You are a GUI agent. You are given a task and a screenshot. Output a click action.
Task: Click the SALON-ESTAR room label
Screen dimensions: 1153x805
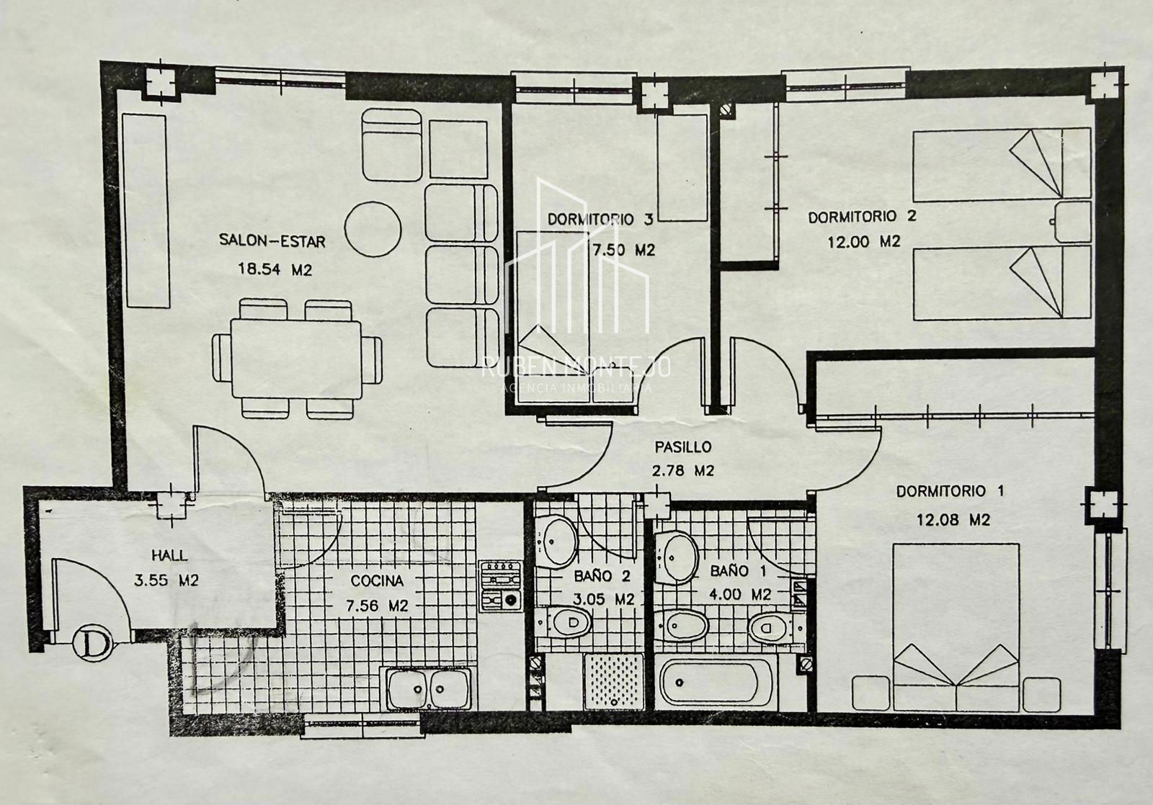tap(272, 240)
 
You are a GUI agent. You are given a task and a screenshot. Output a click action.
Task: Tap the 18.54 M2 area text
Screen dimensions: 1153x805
tap(275, 269)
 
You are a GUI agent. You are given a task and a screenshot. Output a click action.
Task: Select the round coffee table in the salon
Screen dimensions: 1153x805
tap(373, 229)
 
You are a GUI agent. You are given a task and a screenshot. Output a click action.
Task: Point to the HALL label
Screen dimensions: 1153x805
tap(169, 555)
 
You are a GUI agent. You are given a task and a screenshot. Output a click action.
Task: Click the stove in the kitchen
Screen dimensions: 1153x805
tap(501, 586)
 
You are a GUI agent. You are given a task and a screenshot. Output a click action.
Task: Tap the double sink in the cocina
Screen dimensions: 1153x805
tap(428, 688)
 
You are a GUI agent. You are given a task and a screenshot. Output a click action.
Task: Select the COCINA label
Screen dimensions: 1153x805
tap(377, 581)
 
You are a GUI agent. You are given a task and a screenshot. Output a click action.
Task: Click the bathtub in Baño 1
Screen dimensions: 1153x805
tap(716, 683)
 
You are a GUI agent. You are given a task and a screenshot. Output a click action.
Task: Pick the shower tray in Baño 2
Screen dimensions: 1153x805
tap(614, 681)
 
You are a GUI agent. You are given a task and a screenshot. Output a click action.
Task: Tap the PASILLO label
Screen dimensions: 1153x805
tap(683, 447)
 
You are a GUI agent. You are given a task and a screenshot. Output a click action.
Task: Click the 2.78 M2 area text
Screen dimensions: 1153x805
tap(683, 471)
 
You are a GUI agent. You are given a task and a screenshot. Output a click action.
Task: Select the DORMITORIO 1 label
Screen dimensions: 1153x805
tap(951, 491)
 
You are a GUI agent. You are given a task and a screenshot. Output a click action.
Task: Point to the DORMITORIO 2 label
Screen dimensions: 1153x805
tap(862, 217)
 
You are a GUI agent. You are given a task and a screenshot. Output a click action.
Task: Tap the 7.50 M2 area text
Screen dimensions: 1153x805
tap(624, 250)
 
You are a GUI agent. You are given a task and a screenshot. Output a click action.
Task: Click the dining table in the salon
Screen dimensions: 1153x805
tap(296, 359)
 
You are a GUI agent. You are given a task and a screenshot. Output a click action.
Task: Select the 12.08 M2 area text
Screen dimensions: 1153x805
tap(953, 520)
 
